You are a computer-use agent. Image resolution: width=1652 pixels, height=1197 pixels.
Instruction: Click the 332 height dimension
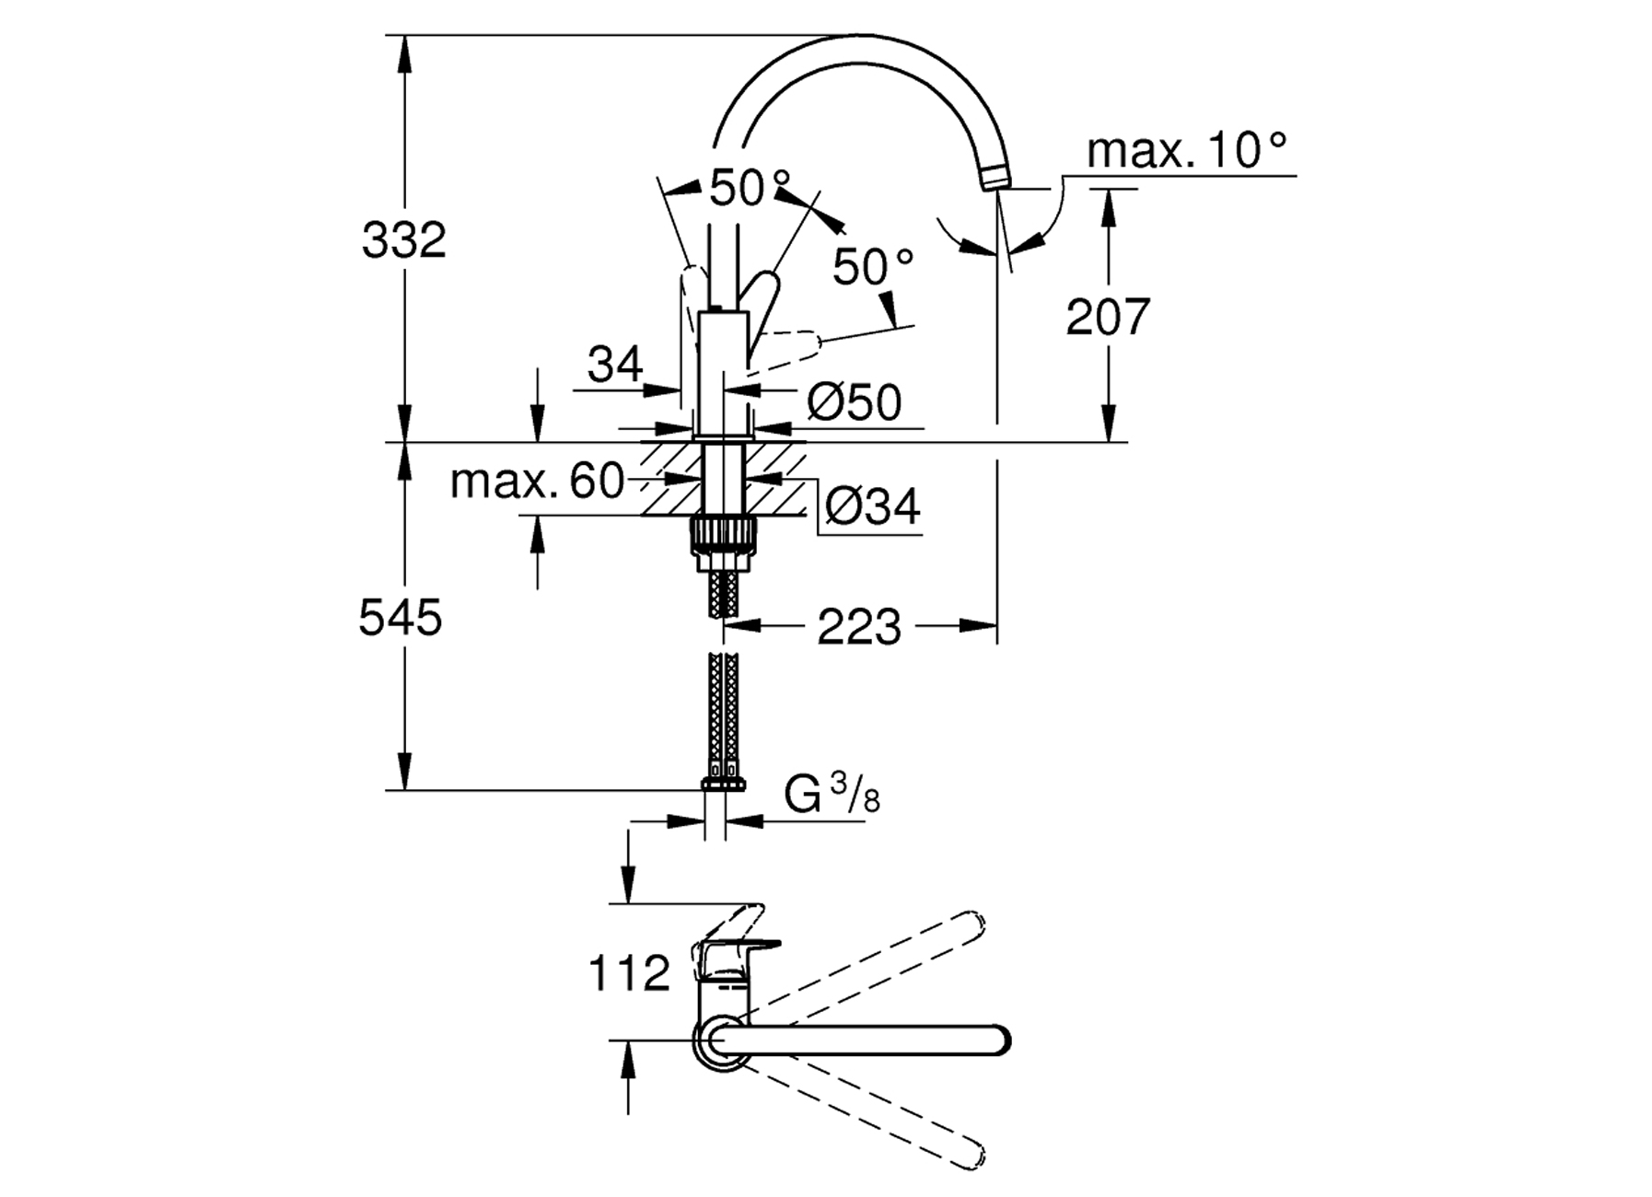[403, 240]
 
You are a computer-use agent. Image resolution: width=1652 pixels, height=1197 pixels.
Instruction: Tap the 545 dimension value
[401, 618]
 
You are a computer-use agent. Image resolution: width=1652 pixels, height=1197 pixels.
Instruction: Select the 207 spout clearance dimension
[1108, 317]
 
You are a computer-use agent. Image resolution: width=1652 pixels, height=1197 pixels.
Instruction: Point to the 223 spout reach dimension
[859, 628]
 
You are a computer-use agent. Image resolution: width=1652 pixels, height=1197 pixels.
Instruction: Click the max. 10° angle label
[1186, 150]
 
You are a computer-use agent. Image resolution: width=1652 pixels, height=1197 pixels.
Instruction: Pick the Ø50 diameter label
[855, 402]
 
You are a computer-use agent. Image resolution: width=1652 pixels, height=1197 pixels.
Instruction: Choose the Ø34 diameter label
[871, 506]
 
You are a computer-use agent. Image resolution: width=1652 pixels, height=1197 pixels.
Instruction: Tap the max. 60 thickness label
[538, 482]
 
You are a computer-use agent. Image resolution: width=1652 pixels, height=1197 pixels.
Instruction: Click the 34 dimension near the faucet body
[614, 366]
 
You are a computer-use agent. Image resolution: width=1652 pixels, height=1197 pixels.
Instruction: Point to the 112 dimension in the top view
[629, 974]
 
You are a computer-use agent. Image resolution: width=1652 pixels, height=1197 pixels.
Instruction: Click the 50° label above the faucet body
[750, 189]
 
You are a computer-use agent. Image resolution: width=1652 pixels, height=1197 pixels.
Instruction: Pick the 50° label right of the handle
[873, 267]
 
